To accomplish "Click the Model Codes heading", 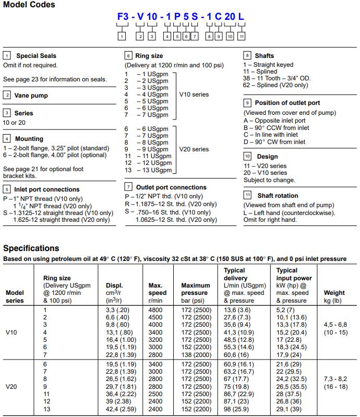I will [29, 5].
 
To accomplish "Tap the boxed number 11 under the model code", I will [242, 37].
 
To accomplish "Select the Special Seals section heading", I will [36, 56].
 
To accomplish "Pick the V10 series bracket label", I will [194, 94].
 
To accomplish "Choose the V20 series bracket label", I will [194, 149].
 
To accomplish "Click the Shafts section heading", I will [264, 56].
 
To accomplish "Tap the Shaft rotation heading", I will [278, 195].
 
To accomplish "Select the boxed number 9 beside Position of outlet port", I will [247, 103].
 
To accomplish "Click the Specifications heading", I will [31, 248].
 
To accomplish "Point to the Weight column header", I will [334, 293].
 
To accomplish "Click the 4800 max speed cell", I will [155, 310].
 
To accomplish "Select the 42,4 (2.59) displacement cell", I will [118, 409].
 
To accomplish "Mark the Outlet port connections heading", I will [171, 187].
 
